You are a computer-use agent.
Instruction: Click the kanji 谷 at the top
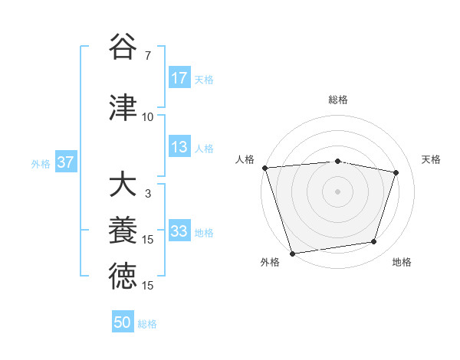[x=123, y=47]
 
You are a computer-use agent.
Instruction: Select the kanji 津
[x=123, y=107]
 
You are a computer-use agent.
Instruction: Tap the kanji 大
[x=123, y=185]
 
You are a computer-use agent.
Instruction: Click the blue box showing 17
[x=179, y=78]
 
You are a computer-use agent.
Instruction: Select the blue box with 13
[x=179, y=148]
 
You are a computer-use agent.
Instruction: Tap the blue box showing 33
[x=179, y=231]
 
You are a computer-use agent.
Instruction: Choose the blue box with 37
[x=66, y=162]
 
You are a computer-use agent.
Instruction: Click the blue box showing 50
[x=123, y=322]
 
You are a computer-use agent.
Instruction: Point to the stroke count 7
[x=147, y=57]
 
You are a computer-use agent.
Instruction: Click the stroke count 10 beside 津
[x=147, y=117]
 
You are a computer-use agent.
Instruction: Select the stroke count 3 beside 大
[x=147, y=195]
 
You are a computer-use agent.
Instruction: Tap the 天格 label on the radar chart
[x=432, y=159]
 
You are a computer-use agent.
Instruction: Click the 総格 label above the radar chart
[x=337, y=100]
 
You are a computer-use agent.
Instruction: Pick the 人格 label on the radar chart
[x=245, y=159]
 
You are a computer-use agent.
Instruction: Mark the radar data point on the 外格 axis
[x=292, y=252]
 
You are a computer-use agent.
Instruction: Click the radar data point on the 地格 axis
[x=374, y=242]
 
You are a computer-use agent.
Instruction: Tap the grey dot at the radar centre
[x=337, y=191]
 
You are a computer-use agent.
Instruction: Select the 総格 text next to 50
[x=147, y=323]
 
